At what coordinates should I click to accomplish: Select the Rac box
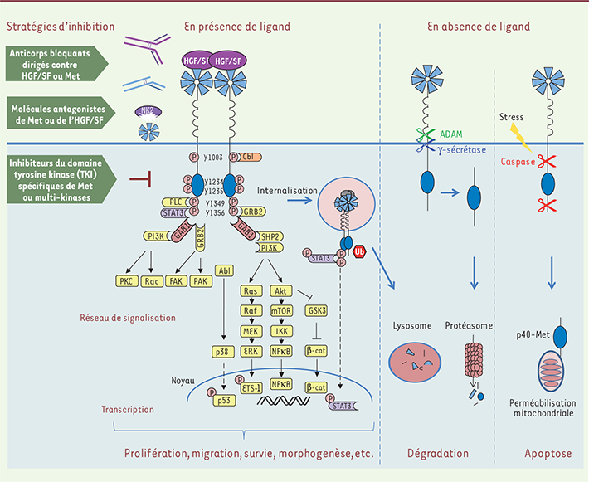coord(150,281)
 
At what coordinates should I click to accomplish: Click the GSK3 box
coord(316,311)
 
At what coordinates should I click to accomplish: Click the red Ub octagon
coord(360,250)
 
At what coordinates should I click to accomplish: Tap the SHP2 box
coord(272,236)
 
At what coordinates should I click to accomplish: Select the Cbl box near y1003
coord(249,156)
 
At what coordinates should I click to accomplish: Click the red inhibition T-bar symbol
coord(144,177)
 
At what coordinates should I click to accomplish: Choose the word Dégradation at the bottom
coord(439,454)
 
